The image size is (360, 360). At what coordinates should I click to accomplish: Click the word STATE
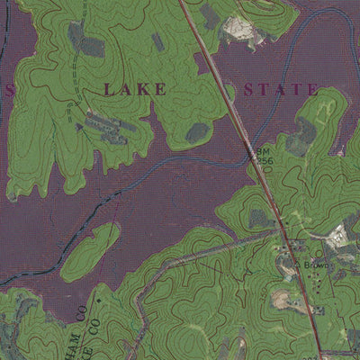pos(281,89)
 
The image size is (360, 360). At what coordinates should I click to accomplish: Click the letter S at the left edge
pos(9,91)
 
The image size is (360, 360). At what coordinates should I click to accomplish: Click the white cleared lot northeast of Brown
pos(338,236)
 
